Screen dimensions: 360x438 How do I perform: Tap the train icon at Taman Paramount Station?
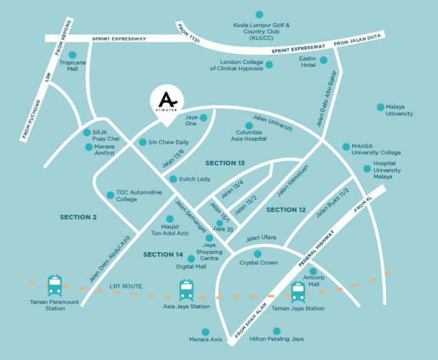point(55,286)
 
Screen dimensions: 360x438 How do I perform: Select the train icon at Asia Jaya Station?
point(187,290)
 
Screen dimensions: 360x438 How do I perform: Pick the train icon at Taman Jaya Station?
point(297,292)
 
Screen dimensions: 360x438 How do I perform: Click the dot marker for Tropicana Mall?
point(73,55)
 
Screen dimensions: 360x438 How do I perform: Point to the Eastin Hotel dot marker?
point(324,59)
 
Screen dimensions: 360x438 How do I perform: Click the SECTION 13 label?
point(224,163)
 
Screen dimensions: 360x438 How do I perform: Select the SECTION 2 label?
point(78,217)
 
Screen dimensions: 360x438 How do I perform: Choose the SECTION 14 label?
point(163,254)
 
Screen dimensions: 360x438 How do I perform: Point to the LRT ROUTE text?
point(125,286)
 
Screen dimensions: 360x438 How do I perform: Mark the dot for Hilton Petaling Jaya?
point(277,331)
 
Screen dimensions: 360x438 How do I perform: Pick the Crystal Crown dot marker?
point(258,253)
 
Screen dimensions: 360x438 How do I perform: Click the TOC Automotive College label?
point(138,195)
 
